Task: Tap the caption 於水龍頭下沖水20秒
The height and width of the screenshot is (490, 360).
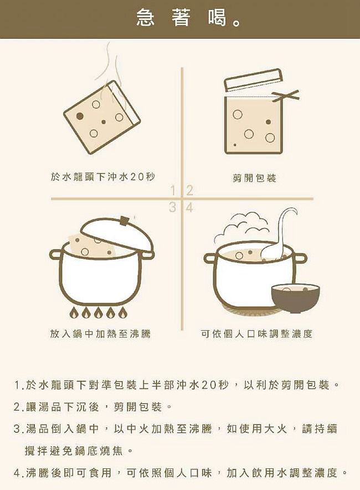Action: tap(102, 177)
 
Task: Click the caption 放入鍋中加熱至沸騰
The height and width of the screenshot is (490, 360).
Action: tap(100, 334)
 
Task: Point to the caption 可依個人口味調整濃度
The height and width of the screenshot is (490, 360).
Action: tap(256, 334)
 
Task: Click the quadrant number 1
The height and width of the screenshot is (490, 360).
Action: tap(173, 191)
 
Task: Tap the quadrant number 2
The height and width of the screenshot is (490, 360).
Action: tap(189, 191)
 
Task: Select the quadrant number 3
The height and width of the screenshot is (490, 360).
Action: tap(173, 208)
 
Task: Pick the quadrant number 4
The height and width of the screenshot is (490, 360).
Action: tap(189, 208)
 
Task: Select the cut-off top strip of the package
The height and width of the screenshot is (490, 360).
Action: tap(253, 80)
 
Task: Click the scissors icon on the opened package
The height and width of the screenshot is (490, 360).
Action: tap(287, 96)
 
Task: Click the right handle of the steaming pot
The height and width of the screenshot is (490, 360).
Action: tap(300, 258)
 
